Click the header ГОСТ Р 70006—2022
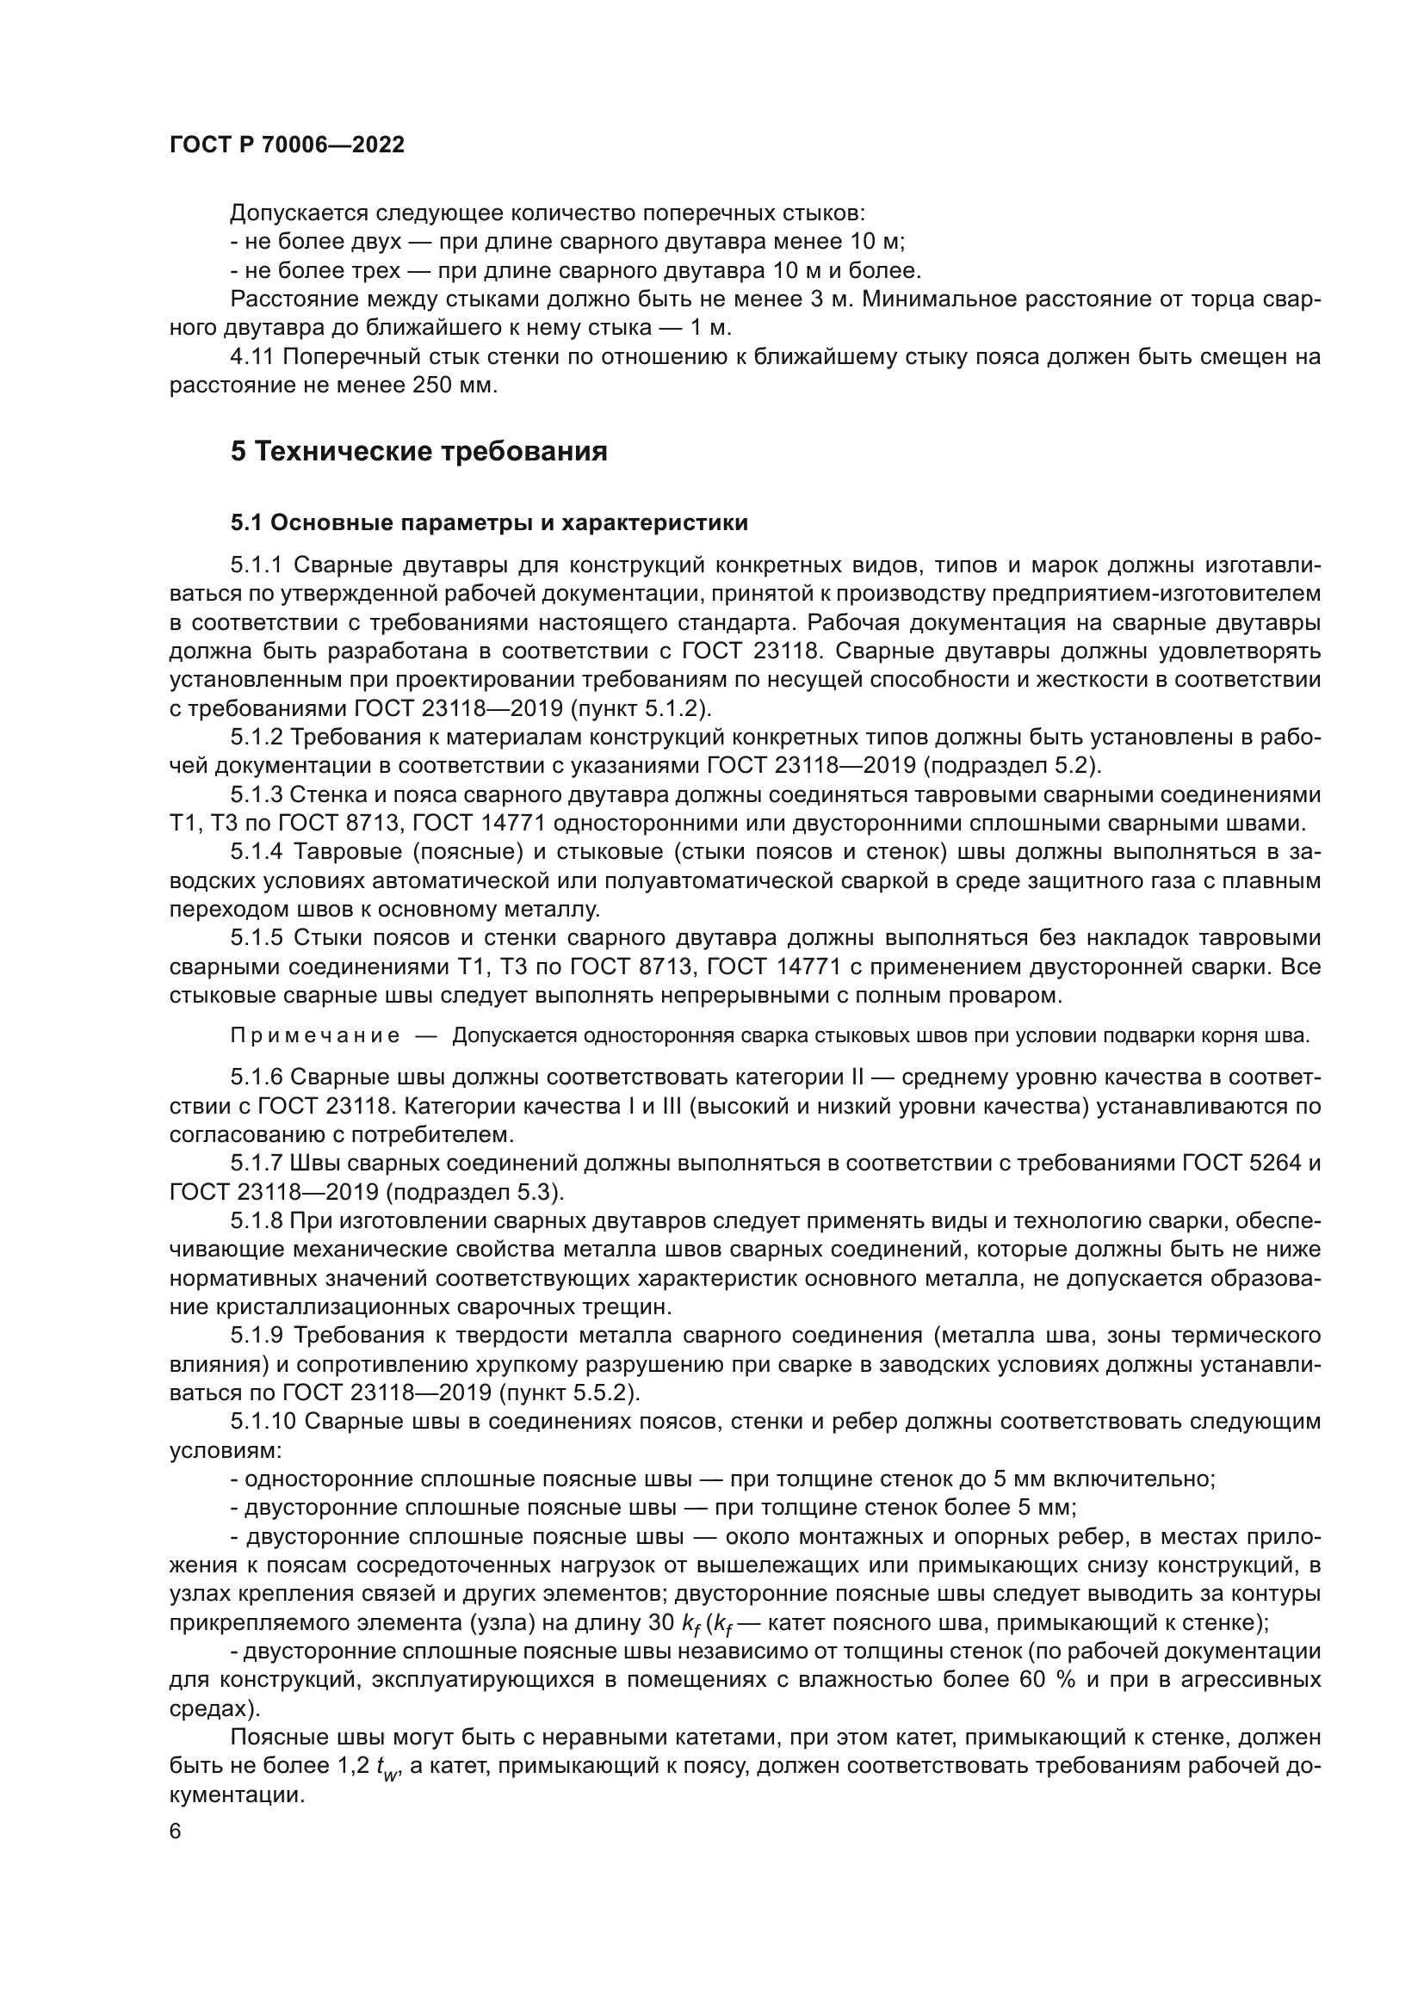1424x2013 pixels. click(287, 145)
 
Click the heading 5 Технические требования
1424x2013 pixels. click(419, 452)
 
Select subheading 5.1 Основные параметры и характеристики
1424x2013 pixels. click(489, 523)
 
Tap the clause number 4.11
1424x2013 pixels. click(252, 357)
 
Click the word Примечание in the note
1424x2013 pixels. click(315, 1036)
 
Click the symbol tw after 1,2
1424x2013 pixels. click(387, 1769)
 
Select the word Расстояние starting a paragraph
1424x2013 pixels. click(292, 299)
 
